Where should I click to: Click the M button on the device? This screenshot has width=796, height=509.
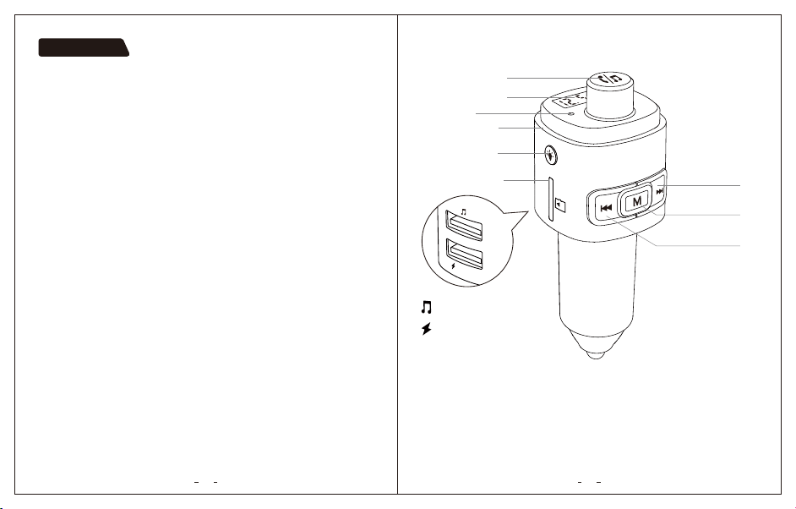pyautogui.click(x=637, y=200)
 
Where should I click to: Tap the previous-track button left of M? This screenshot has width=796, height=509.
pyautogui.click(x=606, y=208)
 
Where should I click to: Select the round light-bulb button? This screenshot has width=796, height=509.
pyautogui.click(x=550, y=155)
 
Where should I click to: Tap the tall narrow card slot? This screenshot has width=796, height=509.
pyautogui.click(x=550, y=199)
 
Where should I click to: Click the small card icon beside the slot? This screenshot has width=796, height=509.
pyautogui.click(x=560, y=205)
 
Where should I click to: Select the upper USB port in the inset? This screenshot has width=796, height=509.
pyautogui.click(x=463, y=225)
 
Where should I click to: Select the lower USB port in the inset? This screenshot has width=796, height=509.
pyautogui.click(x=464, y=254)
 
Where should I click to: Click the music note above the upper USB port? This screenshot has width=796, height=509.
pyautogui.click(x=463, y=211)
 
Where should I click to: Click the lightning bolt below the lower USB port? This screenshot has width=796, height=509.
pyautogui.click(x=453, y=265)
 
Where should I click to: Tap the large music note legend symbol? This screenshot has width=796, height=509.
pyautogui.click(x=427, y=307)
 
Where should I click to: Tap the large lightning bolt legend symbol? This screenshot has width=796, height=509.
pyautogui.click(x=427, y=329)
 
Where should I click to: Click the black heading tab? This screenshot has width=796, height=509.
pyautogui.click(x=84, y=47)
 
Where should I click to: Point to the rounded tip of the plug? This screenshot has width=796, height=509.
pyautogui.click(x=596, y=353)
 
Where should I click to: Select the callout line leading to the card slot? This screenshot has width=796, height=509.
pyautogui.click(x=526, y=180)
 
